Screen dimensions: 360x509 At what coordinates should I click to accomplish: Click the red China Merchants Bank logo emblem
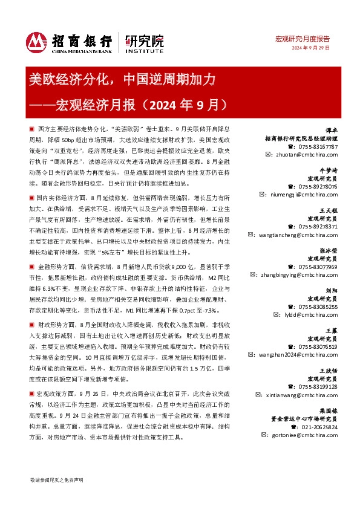tap(37, 42)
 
